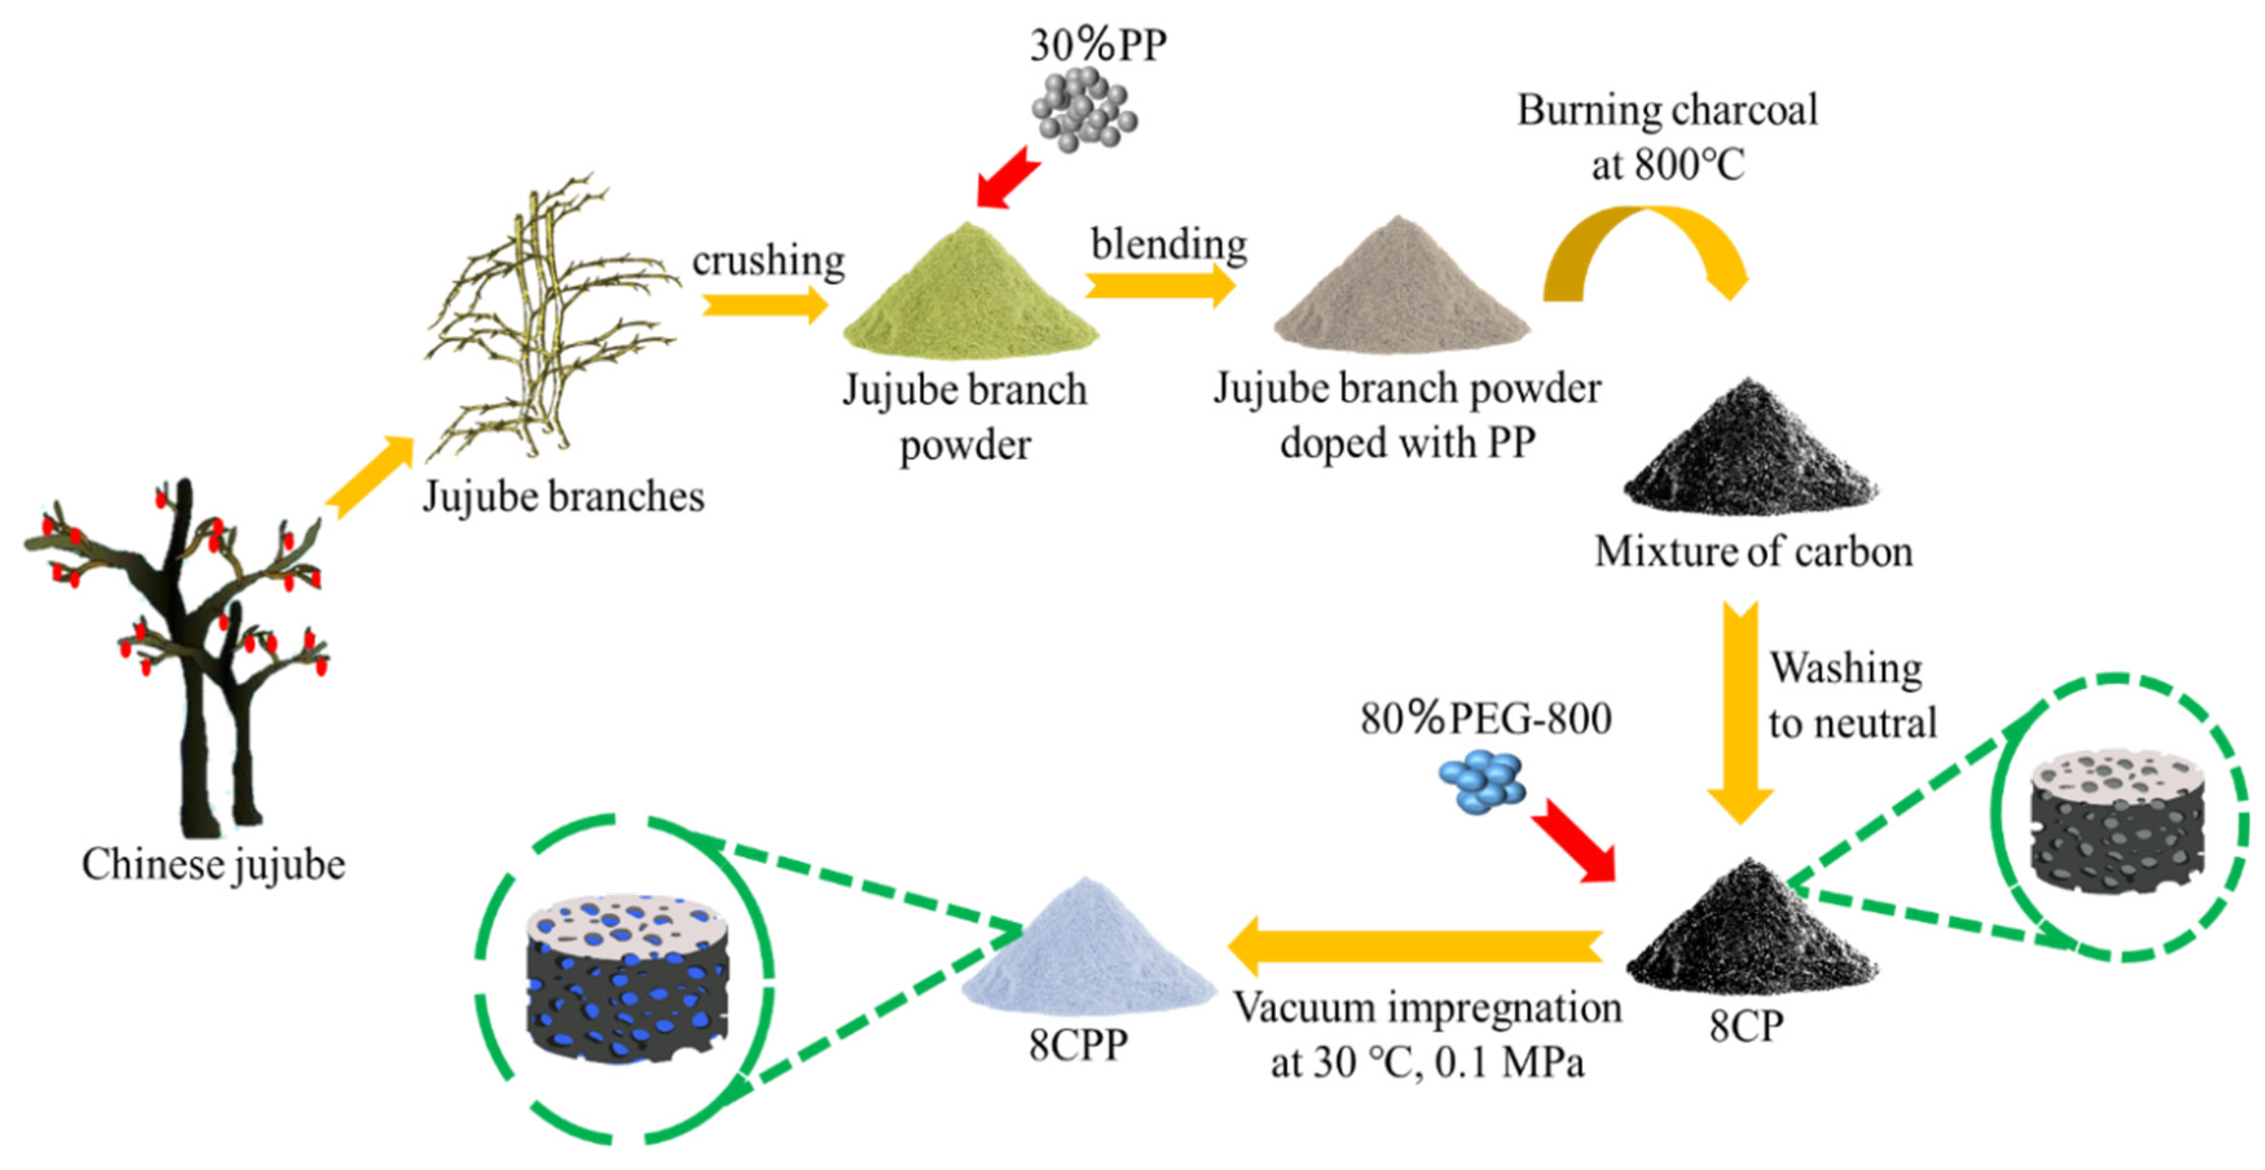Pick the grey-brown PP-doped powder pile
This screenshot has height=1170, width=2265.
click(1401, 291)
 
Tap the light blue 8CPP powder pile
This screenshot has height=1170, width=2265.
click(1088, 950)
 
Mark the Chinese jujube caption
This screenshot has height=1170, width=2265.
click(213, 864)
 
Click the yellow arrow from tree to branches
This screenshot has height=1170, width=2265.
click(370, 475)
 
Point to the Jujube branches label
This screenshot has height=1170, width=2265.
click(564, 497)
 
